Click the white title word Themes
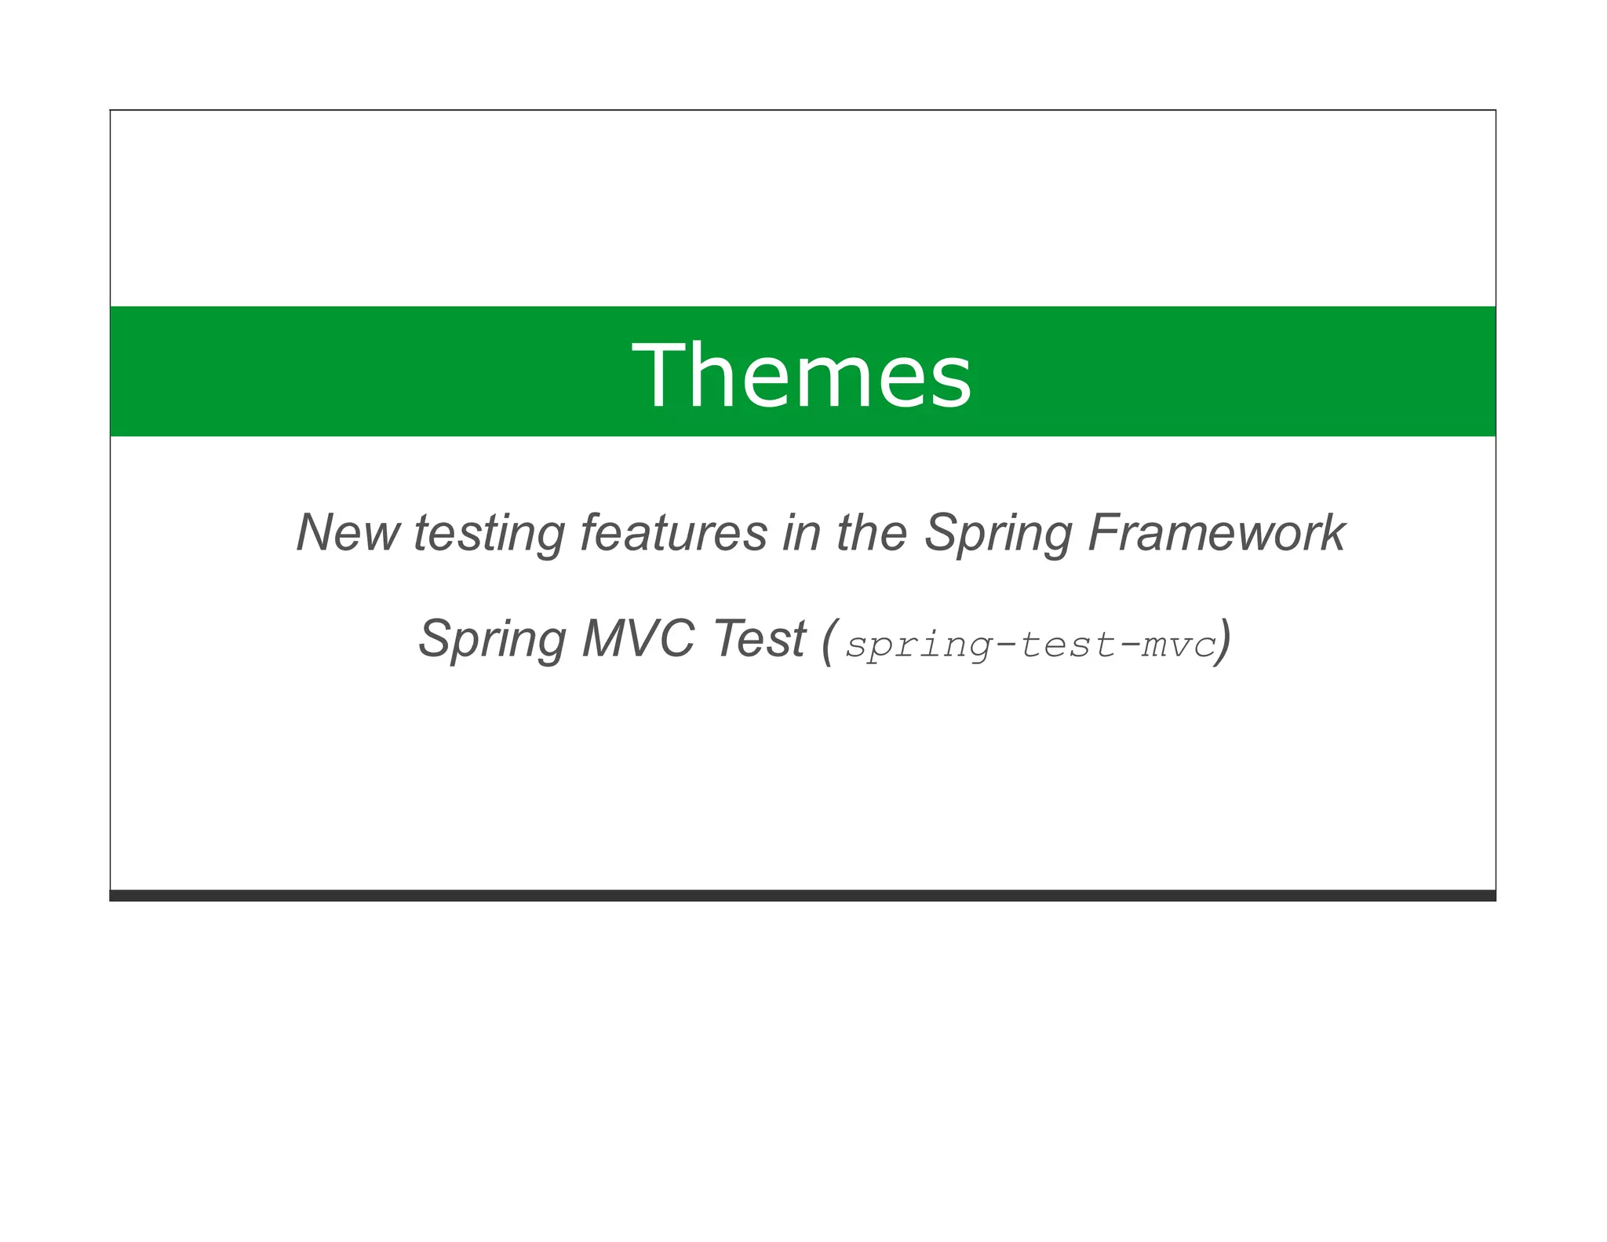click(x=802, y=375)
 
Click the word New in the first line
click(x=348, y=533)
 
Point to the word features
click(x=673, y=533)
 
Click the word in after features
click(x=801, y=533)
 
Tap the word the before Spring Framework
click(x=872, y=533)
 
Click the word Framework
click(x=1217, y=533)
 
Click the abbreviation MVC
click(x=637, y=638)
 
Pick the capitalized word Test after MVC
click(x=760, y=638)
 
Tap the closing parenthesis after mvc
click(x=1223, y=641)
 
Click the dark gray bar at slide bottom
click(x=802, y=895)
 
